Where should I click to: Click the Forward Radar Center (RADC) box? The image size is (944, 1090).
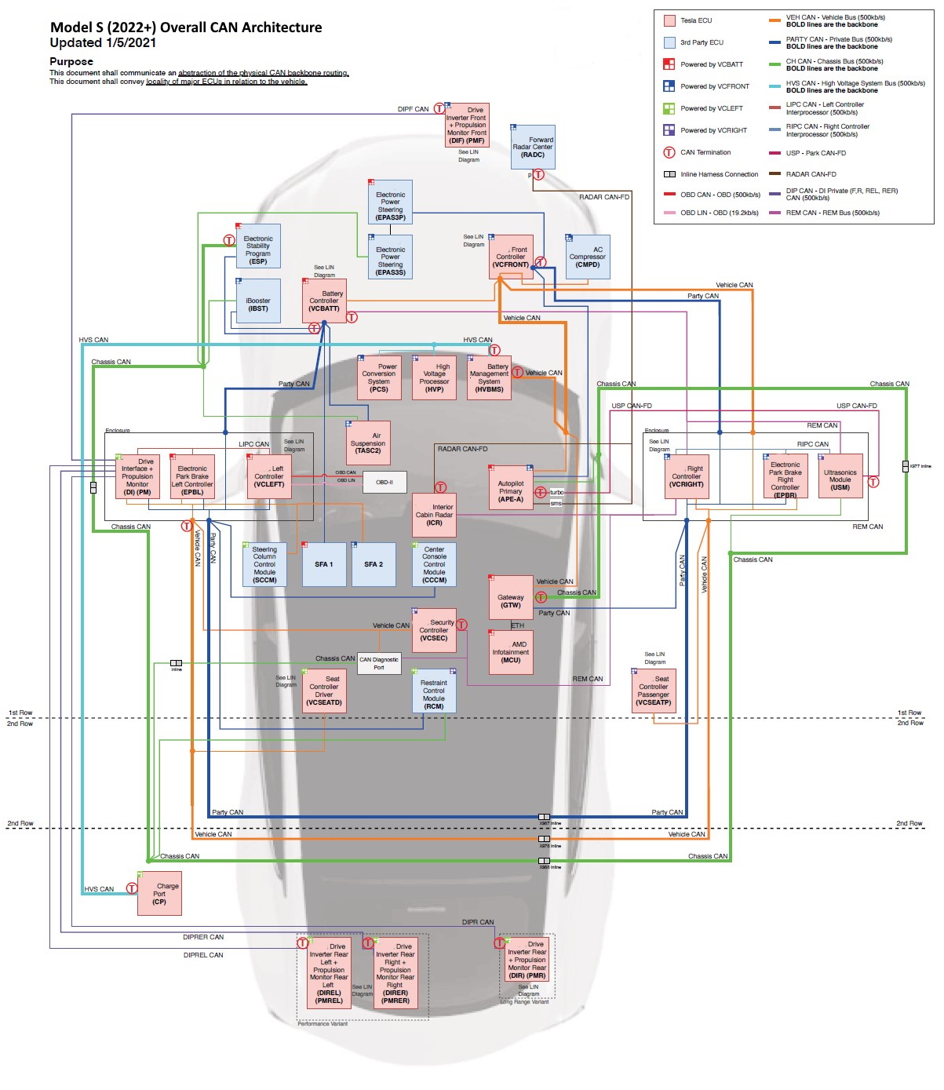click(533, 147)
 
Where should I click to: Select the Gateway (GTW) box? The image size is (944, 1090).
click(511, 598)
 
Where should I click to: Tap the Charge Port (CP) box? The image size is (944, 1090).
click(159, 894)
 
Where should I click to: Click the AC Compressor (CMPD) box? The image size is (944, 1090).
click(588, 257)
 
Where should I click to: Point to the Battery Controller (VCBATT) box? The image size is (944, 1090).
click(324, 301)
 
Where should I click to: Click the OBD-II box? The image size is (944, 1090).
click(385, 482)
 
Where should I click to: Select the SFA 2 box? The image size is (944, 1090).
click(374, 564)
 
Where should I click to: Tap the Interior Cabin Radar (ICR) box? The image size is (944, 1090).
click(434, 515)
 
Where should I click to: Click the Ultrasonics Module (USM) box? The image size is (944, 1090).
click(840, 476)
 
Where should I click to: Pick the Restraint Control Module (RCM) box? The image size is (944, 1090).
click(434, 691)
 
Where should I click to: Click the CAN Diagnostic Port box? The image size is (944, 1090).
click(379, 663)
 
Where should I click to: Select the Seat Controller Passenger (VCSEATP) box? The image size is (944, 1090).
click(654, 691)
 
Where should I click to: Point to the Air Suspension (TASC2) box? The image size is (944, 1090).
click(368, 443)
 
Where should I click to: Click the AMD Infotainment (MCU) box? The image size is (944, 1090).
click(511, 652)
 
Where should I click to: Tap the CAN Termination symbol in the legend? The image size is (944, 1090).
click(669, 152)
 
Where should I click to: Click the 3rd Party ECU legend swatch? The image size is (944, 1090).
click(669, 42)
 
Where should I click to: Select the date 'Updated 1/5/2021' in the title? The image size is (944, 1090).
click(103, 43)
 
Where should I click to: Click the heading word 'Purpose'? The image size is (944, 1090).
click(71, 61)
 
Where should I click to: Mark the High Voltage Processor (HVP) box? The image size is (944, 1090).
click(435, 377)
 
